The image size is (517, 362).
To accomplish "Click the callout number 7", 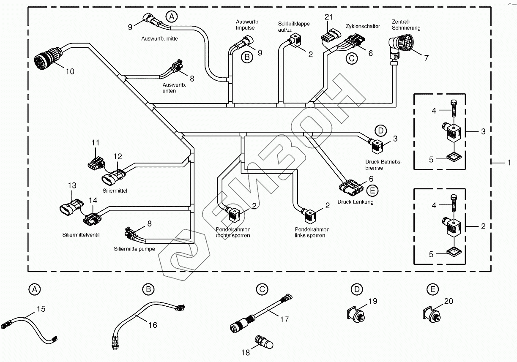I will (x=426, y=58).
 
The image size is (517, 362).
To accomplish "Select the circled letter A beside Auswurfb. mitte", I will (x=171, y=17).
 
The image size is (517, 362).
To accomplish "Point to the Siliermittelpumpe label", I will (x=134, y=249).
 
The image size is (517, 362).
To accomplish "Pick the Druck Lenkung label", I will (x=355, y=202).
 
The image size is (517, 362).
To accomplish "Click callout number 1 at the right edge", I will (x=509, y=162).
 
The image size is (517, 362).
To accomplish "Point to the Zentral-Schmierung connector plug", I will (x=399, y=44).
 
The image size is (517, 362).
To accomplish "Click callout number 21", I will (x=329, y=17).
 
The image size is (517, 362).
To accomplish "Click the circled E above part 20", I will (x=432, y=289).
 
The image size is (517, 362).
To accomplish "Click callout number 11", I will (x=95, y=143).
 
